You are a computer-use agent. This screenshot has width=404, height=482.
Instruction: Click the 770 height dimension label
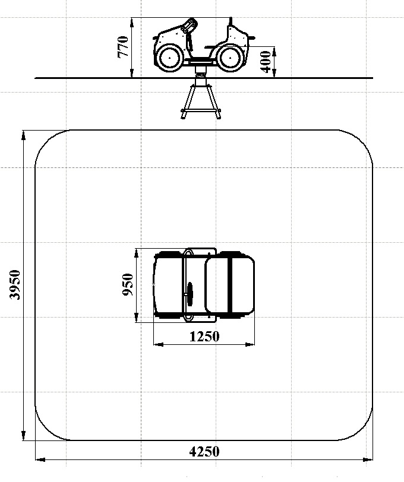(x=123, y=47)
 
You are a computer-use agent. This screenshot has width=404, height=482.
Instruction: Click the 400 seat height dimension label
(x=266, y=62)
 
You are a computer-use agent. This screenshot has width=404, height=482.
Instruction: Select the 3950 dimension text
(x=15, y=285)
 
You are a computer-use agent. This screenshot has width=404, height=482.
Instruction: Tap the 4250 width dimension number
(x=204, y=452)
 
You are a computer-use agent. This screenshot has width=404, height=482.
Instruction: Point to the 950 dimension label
(x=128, y=285)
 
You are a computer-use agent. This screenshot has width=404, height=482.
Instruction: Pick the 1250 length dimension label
(x=204, y=337)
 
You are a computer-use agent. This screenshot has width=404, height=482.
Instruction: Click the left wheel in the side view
(x=169, y=58)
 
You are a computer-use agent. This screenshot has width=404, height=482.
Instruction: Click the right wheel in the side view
(x=230, y=58)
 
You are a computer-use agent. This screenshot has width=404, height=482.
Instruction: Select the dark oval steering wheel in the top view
(x=190, y=294)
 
